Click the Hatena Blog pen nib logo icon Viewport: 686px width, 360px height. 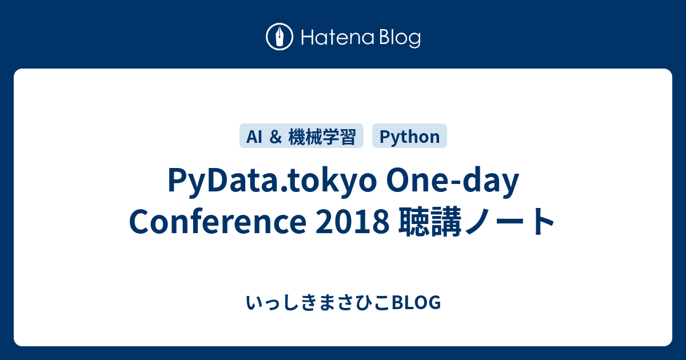coord(280,37)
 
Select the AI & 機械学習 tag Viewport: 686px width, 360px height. coord(302,137)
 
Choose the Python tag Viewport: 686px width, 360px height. coord(409,137)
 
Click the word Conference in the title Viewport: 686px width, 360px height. coord(217,222)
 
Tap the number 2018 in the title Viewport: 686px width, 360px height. coord(350,222)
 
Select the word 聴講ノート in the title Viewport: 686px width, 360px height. coord(476,222)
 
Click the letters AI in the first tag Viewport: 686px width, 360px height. coord(254,137)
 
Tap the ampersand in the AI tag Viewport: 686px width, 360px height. coord(274,137)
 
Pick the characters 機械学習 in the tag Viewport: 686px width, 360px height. coord(322,137)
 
